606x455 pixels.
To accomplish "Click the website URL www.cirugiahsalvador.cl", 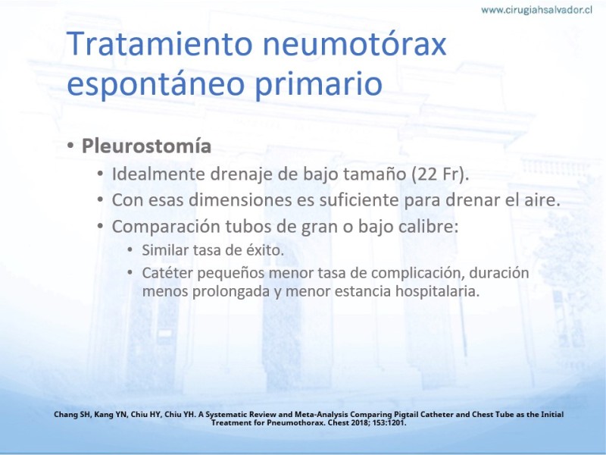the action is pos(536,10).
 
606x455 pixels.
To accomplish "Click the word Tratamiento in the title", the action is pos(160,43).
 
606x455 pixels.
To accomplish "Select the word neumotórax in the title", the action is pos(355,44).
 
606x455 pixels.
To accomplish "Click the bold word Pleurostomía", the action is pos(146,146).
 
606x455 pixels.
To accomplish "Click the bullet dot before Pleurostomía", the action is pos(70,146).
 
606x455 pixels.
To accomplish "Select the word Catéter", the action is pos(167,273).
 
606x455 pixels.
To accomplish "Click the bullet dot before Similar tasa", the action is pos(130,250).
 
